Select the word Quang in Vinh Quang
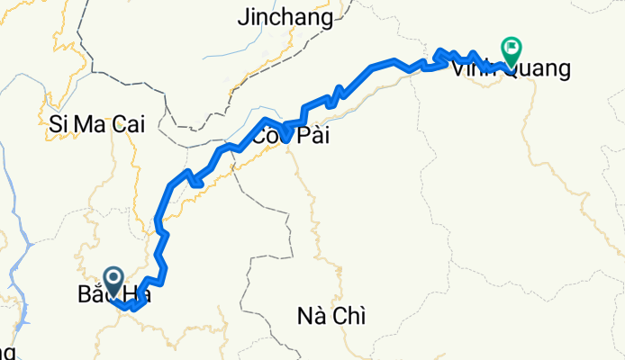pos(539,69)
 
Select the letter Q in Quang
pos(511,69)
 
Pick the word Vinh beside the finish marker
pos(474,69)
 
